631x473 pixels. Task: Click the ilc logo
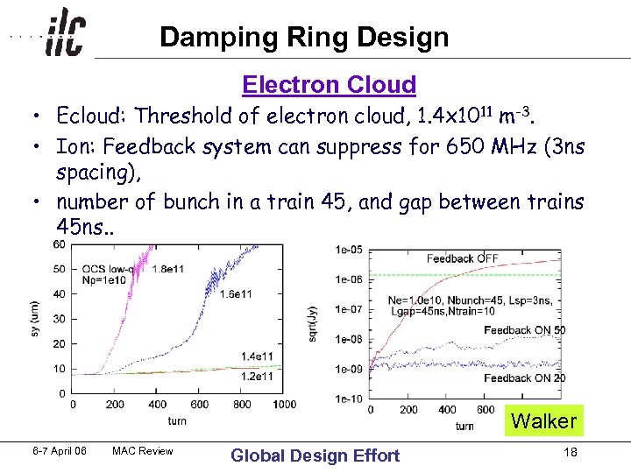pyautogui.click(x=65, y=34)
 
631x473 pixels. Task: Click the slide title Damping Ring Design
pyautogui.click(x=304, y=37)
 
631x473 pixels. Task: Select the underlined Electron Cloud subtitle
pyautogui.click(x=329, y=85)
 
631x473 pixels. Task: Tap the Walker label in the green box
pyautogui.click(x=543, y=421)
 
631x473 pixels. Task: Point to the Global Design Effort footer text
pyautogui.click(x=314, y=455)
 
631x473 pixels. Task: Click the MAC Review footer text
pyautogui.click(x=143, y=452)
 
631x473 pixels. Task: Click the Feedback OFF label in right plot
pyautogui.click(x=462, y=258)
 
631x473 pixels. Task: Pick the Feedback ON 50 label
pyautogui.click(x=525, y=330)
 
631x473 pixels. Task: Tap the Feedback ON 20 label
pyautogui.click(x=525, y=378)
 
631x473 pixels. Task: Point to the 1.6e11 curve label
pyautogui.click(x=237, y=293)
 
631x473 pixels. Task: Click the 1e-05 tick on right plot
pyautogui.click(x=349, y=250)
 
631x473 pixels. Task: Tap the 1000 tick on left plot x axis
pyautogui.click(x=284, y=405)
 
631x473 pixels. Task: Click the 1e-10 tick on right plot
pyautogui.click(x=349, y=399)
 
